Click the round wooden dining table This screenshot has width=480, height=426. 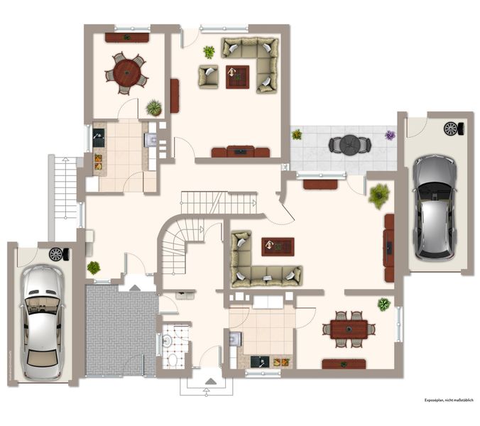pyautogui.click(x=126, y=72)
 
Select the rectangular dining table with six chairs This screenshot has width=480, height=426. pyautogui.click(x=349, y=329)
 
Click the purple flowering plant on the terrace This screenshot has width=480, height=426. pyautogui.click(x=390, y=135)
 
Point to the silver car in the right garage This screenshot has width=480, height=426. pyautogui.click(x=435, y=208)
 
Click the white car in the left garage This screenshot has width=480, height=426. pyautogui.click(x=42, y=322)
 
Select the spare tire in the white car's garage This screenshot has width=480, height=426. pyautogui.click(x=59, y=254)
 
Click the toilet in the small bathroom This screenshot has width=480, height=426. pyautogui.click(x=173, y=360)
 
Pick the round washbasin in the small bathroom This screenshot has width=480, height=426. pyautogui.click(x=167, y=340)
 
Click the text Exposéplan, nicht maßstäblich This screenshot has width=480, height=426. pyautogui.click(x=449, y=400)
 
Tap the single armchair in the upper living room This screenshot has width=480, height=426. pyautogui.click(x=209, y=77)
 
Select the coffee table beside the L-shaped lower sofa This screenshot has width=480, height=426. pyautogui.click(x=278, y=246)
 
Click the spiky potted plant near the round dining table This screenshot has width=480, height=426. pyautogui.click(x=153, y=108)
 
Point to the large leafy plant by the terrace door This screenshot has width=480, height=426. pyautogui.click(x=379, y=196)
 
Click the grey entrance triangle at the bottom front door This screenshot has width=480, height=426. pyautogui.click(x=210, y=381)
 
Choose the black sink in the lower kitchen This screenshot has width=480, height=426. pyautogui.click(x=260, y=361)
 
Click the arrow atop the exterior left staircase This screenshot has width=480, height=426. pyautogui.click(x=65, y=160)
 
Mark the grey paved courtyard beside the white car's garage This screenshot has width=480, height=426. pyautogui.click(x=121, y=331)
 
